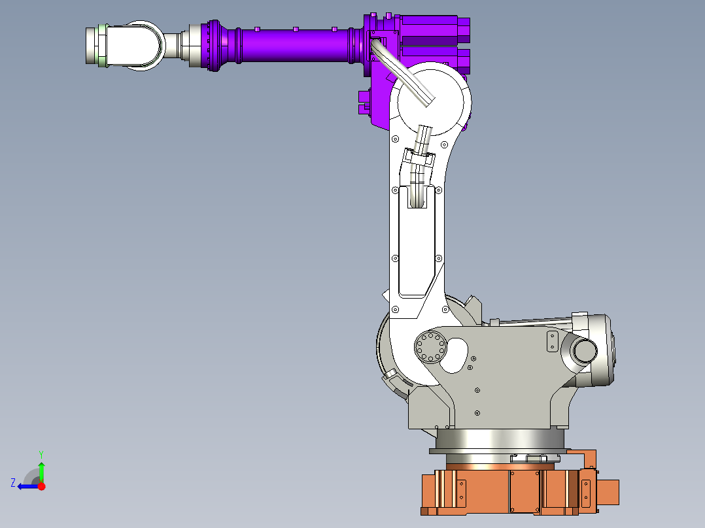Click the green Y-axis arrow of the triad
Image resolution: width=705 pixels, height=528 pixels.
tap(41, 470)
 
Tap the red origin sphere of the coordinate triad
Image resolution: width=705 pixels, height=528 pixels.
tap(42, 486)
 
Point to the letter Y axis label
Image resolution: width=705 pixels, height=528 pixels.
tap(41, 454)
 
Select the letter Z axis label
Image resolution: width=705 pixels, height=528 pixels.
tap(13, 483)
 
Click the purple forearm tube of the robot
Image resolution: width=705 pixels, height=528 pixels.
tap(294, 46)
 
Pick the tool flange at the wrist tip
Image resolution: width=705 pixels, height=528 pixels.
tap(94, 45)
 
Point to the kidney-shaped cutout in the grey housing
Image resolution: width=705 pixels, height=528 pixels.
tap(455, 355)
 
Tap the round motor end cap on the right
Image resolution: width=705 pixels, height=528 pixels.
tap(583, 351)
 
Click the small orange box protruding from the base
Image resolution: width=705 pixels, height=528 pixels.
tap(608, 492)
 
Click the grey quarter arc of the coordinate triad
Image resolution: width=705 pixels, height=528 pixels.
tap(31, 475)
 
